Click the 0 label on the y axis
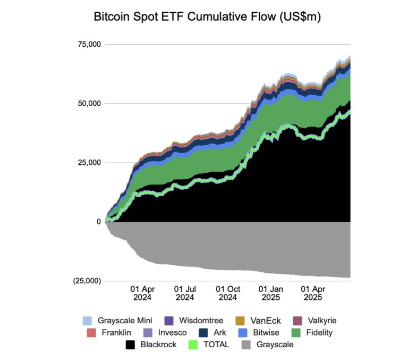tap(98, 222)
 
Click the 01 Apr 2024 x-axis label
tap(142, 294)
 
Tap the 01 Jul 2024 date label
tap(185, 294)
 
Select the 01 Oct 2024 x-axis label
tap(228, 294)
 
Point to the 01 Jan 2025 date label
tap(270, 294)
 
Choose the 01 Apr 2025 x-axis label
tap(313, 294)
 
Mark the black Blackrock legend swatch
tap(130, 345)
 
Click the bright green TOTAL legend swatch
tap(193, 345)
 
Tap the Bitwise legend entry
tap(267, 333)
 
